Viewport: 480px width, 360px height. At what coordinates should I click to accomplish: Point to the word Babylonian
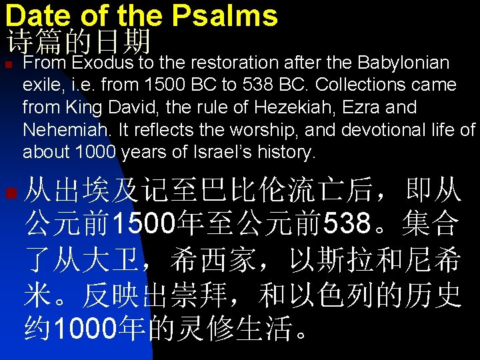pos(403,63)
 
